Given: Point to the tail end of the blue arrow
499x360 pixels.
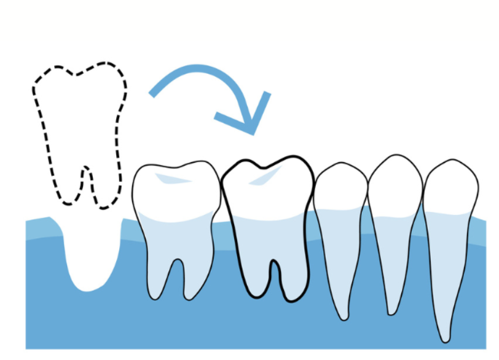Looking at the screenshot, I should click(x=154, y=93).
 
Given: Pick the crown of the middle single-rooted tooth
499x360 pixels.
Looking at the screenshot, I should click(x=395, y=184).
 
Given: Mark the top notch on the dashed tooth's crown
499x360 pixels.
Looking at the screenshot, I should click(x=77, y=75).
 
